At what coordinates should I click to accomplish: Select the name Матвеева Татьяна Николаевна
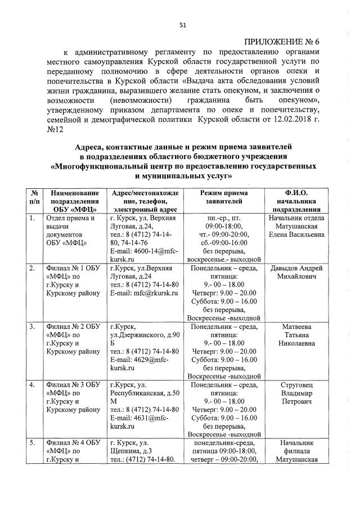tap(295, 336)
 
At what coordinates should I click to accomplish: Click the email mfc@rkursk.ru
tap(144, 293)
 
